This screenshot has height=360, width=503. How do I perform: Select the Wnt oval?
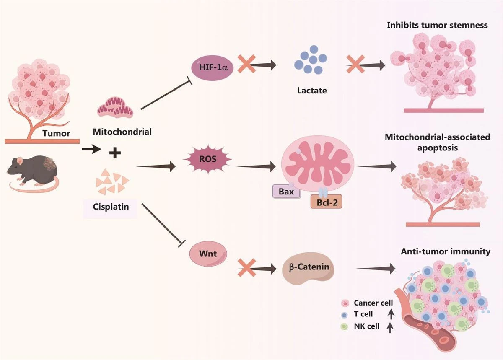(x=208, y=254)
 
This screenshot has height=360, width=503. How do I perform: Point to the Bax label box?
(x=286, y=192)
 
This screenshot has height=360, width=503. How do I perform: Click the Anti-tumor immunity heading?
(x=446, y=252)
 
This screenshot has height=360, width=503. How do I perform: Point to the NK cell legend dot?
(x=345, y=326)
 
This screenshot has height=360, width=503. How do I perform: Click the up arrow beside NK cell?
(x=390, y=326)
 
